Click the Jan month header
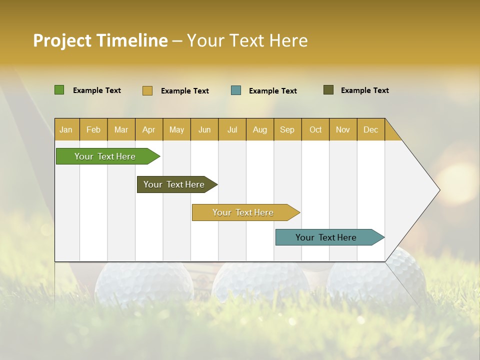(x=66, y=129)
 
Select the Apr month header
(x=148, y=129)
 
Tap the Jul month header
(x=232, y=129)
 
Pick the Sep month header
(x=287, y=129)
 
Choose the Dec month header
(x=370, y=129)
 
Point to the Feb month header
(x=93, y=129)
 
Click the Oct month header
(x=315, y=129)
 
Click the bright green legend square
(x=59, y=90)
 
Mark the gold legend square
(x=147, y=90)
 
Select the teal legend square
(x=236, y=90)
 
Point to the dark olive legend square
(x=328, y=90)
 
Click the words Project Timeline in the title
(x=100, y=40)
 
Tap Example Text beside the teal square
(x=272, y=91)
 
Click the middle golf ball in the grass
(x=260, y=282)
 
